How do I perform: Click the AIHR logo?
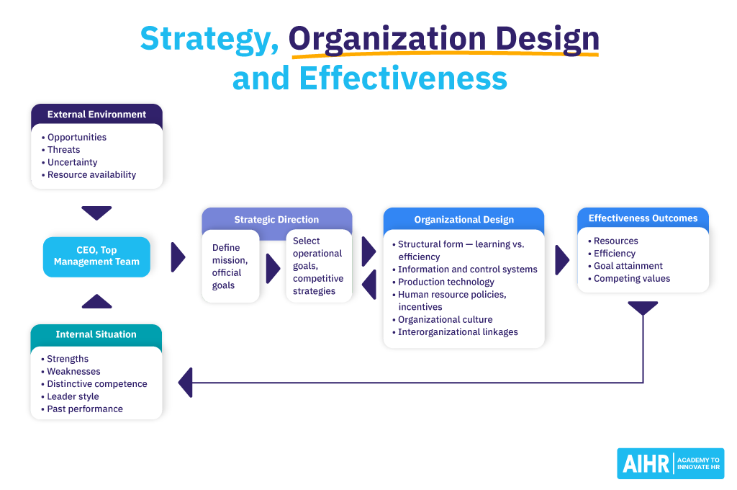[x=670, y=463]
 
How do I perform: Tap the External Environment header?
[x=96, y=114]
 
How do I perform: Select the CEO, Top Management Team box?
[x=96, y=257]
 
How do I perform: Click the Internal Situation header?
[x=96, y=334]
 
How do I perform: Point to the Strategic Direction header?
[x=276, y=219]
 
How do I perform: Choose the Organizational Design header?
[x=464, y=220]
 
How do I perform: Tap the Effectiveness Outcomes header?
[x=643, y=218]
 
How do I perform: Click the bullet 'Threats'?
[x=63, y=150]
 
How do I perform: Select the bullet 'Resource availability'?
[x=91, y=174]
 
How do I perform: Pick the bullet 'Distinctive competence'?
[x=96, y=384]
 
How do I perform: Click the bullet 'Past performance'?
[x=84, y=409]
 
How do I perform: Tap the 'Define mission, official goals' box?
[x=230, y=267]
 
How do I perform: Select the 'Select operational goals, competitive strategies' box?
[x=318, y=266]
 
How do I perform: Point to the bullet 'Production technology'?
[x=446, y=282]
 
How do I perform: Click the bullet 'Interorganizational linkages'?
[x=458, y=332]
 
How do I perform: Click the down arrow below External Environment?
[x=96, y=213]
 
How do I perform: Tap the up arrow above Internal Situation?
[x=96, y=301]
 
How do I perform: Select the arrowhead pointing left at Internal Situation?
[x=186, y=382]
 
